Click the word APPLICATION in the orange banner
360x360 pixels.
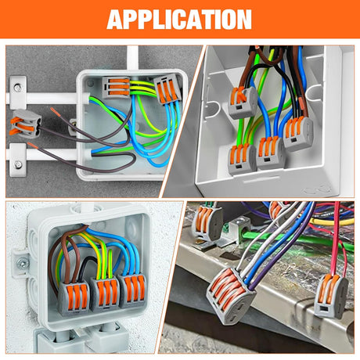[179, 19]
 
